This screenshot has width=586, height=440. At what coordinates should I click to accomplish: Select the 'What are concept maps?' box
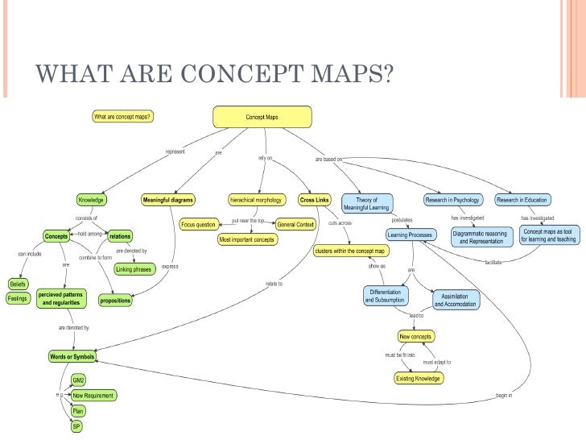coord(123,116)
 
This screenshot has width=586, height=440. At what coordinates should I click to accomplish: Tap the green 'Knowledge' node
coord(91,200)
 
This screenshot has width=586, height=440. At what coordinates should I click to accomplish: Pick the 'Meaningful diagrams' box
coord(168,200)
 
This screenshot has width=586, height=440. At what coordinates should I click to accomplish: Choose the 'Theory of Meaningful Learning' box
coord(366,204)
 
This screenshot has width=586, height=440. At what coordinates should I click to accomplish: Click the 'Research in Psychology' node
coord(452,200)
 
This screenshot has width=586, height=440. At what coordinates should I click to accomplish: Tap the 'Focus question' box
coord(198,224)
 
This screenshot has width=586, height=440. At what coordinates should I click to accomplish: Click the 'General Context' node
coord(295,224)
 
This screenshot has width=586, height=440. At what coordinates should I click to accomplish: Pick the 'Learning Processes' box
coord(411,235)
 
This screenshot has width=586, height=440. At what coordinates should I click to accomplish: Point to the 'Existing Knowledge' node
coord(416,378)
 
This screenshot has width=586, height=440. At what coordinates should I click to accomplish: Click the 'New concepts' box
coord(416,336)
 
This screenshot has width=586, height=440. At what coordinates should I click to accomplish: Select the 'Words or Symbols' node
coord(72,356)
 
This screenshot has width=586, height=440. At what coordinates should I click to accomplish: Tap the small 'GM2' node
coord(79,380)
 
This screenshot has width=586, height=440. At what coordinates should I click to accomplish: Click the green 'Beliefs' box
coord(18,284)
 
